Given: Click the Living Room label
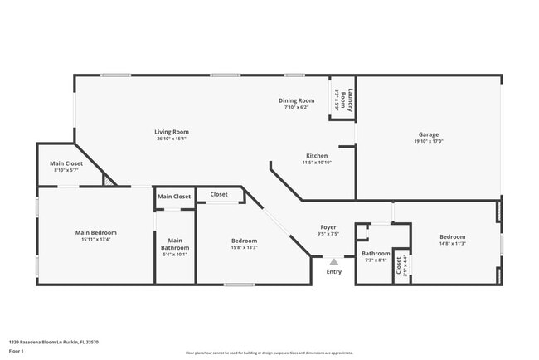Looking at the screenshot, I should [172, 132].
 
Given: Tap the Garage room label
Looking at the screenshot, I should [428, 134].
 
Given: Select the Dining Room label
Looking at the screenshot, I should [296, 100].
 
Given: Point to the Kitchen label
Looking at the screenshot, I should [317, 155].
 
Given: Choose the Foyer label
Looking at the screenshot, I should [328, 226].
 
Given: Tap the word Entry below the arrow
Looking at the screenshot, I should [333, 271].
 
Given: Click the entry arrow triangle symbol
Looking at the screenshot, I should [333, 260].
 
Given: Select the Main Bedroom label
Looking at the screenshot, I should [96, 233].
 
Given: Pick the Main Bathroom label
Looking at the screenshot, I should [175, 244].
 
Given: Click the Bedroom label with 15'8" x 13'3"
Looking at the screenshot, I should [244, 241].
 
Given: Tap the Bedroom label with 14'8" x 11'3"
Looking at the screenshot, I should [452, 236].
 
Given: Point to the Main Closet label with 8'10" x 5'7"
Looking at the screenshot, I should [66, 163].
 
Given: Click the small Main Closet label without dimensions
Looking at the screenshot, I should [175, 197].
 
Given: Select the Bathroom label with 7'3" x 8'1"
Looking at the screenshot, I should [376, 253].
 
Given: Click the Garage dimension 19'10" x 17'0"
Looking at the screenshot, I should [428, 141].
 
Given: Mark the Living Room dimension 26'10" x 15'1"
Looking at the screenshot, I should [172, 139].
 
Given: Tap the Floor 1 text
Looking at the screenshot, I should [16, 351].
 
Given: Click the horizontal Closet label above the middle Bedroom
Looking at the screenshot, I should [219, 194].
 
